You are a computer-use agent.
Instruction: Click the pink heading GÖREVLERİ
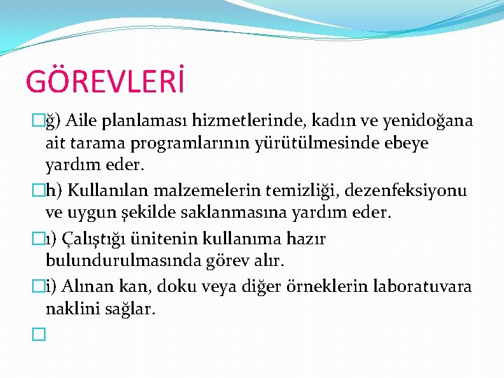[106, 81]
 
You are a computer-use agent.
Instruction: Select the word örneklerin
[342, 286]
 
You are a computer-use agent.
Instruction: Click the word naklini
[72, 309]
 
